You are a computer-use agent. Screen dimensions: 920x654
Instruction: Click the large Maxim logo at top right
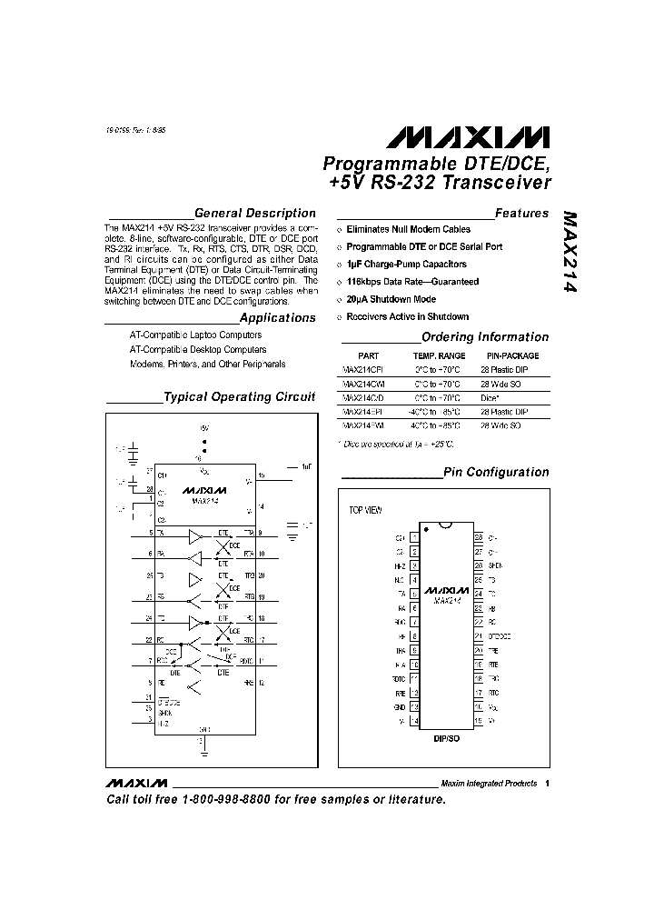coord(467,136)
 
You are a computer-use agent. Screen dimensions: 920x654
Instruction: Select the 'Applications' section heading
coord(277,318)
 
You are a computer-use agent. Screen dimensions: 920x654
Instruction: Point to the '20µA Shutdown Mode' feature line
coord(391,299)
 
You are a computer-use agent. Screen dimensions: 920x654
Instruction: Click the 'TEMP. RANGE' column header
coord(440,355)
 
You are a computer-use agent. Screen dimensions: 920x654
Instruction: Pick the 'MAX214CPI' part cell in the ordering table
coord(363,370)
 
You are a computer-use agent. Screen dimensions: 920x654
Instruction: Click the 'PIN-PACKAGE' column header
coord(513,355)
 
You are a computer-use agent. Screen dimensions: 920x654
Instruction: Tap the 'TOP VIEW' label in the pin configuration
coord(367,510)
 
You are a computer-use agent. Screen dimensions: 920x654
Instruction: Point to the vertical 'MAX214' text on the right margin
coord(570,253)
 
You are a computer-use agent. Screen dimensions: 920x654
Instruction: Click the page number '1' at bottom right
coord(549,783)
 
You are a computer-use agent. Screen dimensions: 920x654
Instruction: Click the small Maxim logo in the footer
coord(136,783)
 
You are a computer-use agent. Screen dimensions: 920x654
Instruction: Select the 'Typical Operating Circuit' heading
coord(239,397)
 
